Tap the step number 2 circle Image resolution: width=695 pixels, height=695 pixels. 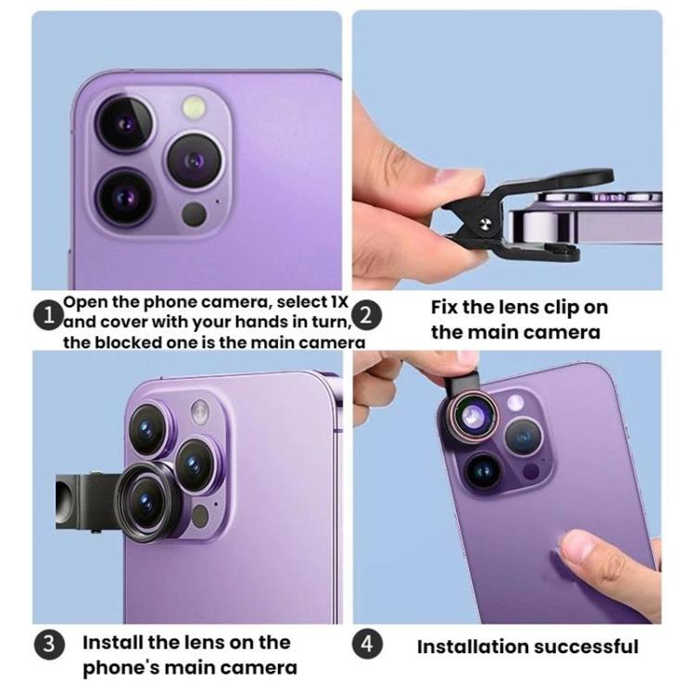[x=368, y=314]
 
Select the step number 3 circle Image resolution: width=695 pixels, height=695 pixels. [x=48, y=644]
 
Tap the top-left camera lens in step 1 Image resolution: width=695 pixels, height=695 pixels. [x=125, y=124]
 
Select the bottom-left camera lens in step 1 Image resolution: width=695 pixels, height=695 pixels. [x=124, y=196]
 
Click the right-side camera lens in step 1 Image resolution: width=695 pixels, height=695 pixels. [x=194, y=161]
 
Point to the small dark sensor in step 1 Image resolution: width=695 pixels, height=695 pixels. [x=194, y=214]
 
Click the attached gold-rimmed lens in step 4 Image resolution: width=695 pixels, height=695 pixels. [x=473, y=418]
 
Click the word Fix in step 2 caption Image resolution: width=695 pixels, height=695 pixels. [x=448, y=309]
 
